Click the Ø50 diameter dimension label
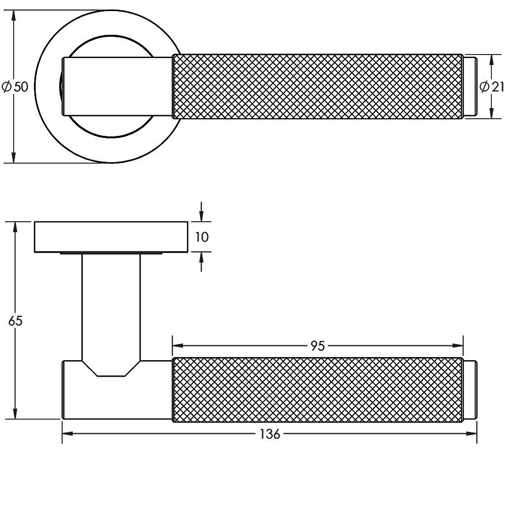(15, 87)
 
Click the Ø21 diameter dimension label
(491, 87)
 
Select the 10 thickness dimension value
(201, 237)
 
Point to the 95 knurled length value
(317, 346)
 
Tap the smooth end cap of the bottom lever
(470, 389)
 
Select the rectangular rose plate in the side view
(111, 236)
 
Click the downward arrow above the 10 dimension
(201, 215)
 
